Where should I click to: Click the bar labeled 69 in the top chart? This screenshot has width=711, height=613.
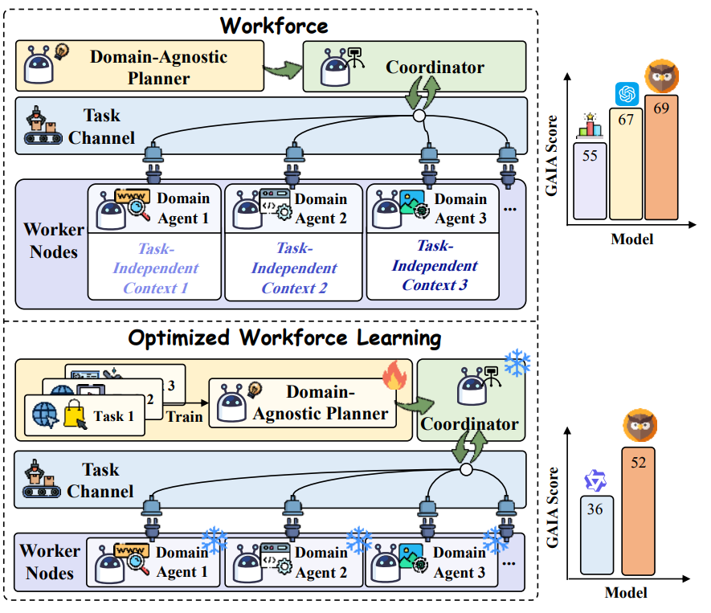pos(661,157)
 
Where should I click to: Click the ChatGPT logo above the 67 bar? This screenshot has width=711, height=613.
pos(626,93)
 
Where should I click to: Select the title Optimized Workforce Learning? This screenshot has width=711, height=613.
pos(284,338)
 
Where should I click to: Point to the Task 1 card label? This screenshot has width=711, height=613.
pos(108,416)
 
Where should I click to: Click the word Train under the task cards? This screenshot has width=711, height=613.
pos(185,417)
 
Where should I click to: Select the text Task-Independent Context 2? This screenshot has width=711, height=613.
pos(294,268)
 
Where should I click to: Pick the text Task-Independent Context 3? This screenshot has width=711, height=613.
pos(435,265)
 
